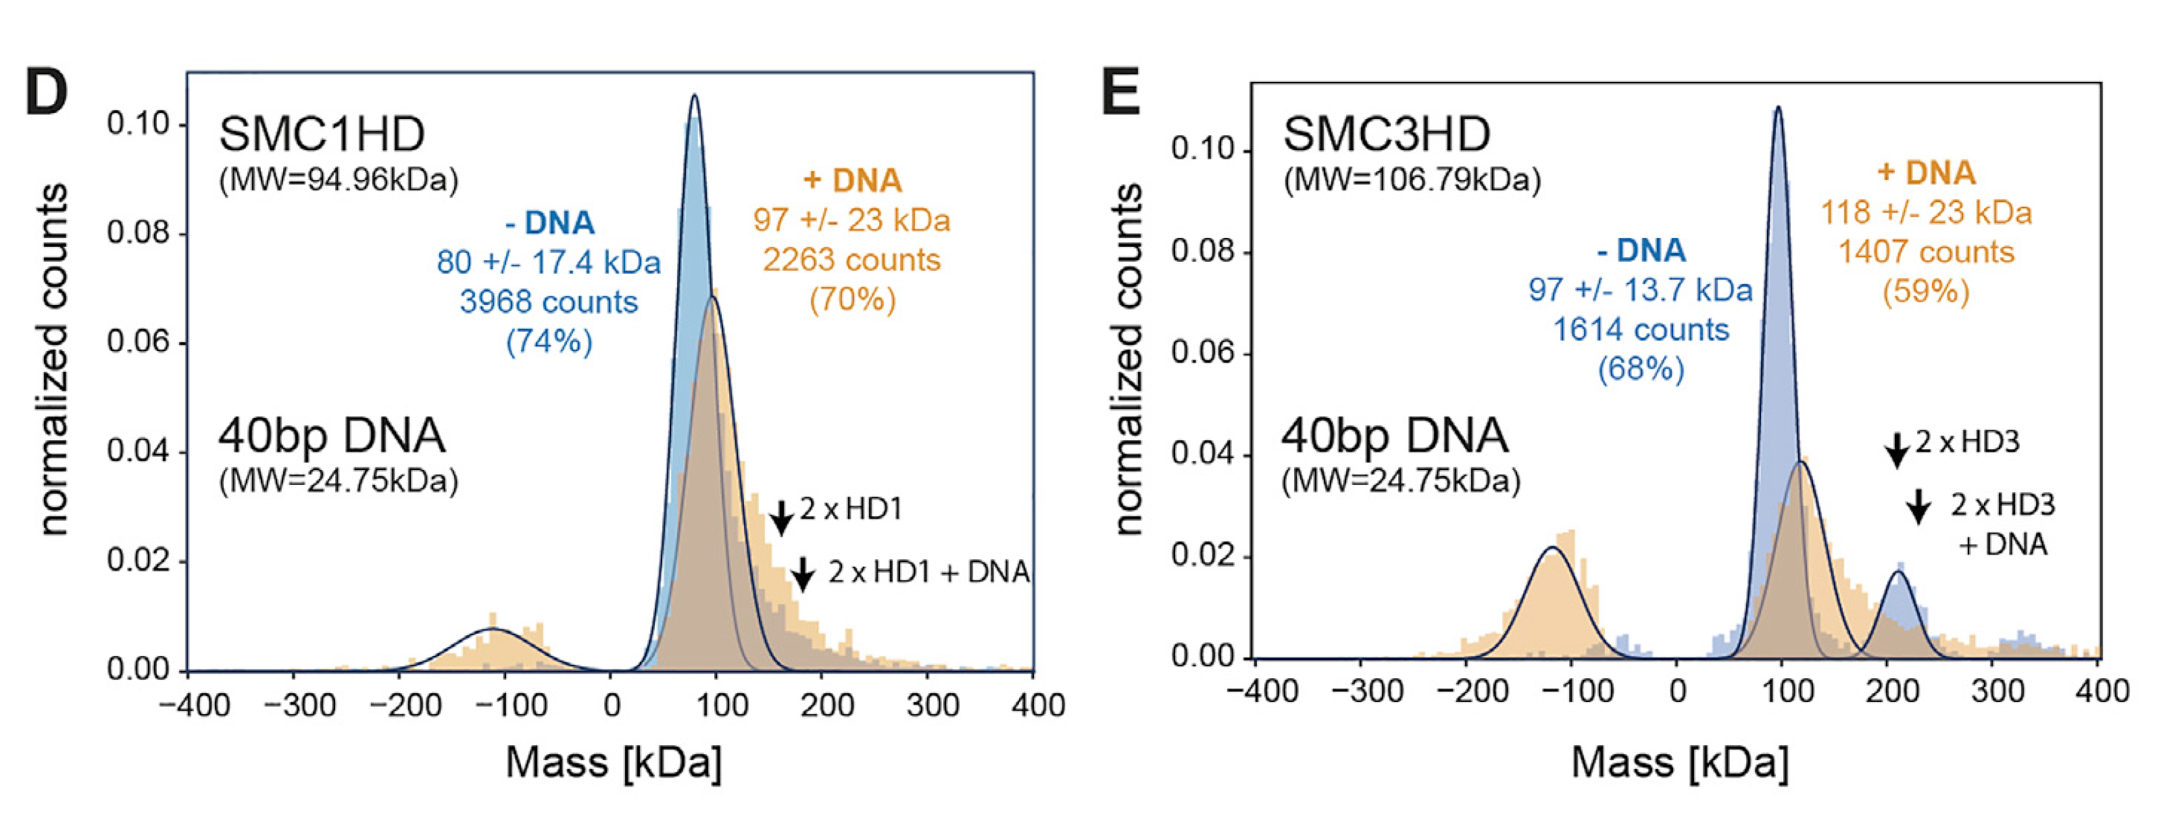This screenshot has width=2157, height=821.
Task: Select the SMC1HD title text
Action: click(x=322, y=134)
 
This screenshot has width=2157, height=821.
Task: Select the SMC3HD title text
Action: click(x=1387, y=134)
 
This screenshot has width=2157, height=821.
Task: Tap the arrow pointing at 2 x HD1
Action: click(x=780, y=517)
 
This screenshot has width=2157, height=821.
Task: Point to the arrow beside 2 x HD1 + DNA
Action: click(x=802, y=574)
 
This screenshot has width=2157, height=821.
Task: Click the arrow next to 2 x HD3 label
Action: click(x=1897, y=449)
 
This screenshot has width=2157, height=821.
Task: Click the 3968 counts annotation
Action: click(x=549, y=302)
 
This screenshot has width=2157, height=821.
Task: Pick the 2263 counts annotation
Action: click(x=851, y=260)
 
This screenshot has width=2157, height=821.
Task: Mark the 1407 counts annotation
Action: click(x=1926, y=252)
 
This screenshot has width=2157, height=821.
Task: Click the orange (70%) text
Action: click(x=852, y=299)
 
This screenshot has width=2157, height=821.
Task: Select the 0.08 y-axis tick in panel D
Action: click(x=137, y=232)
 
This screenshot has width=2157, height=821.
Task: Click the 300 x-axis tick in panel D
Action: click(x=932, y=705)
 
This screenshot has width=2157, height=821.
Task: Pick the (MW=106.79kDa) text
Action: click(x=1412, y=180)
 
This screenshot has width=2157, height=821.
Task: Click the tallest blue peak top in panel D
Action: click(x=694, y=97)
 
